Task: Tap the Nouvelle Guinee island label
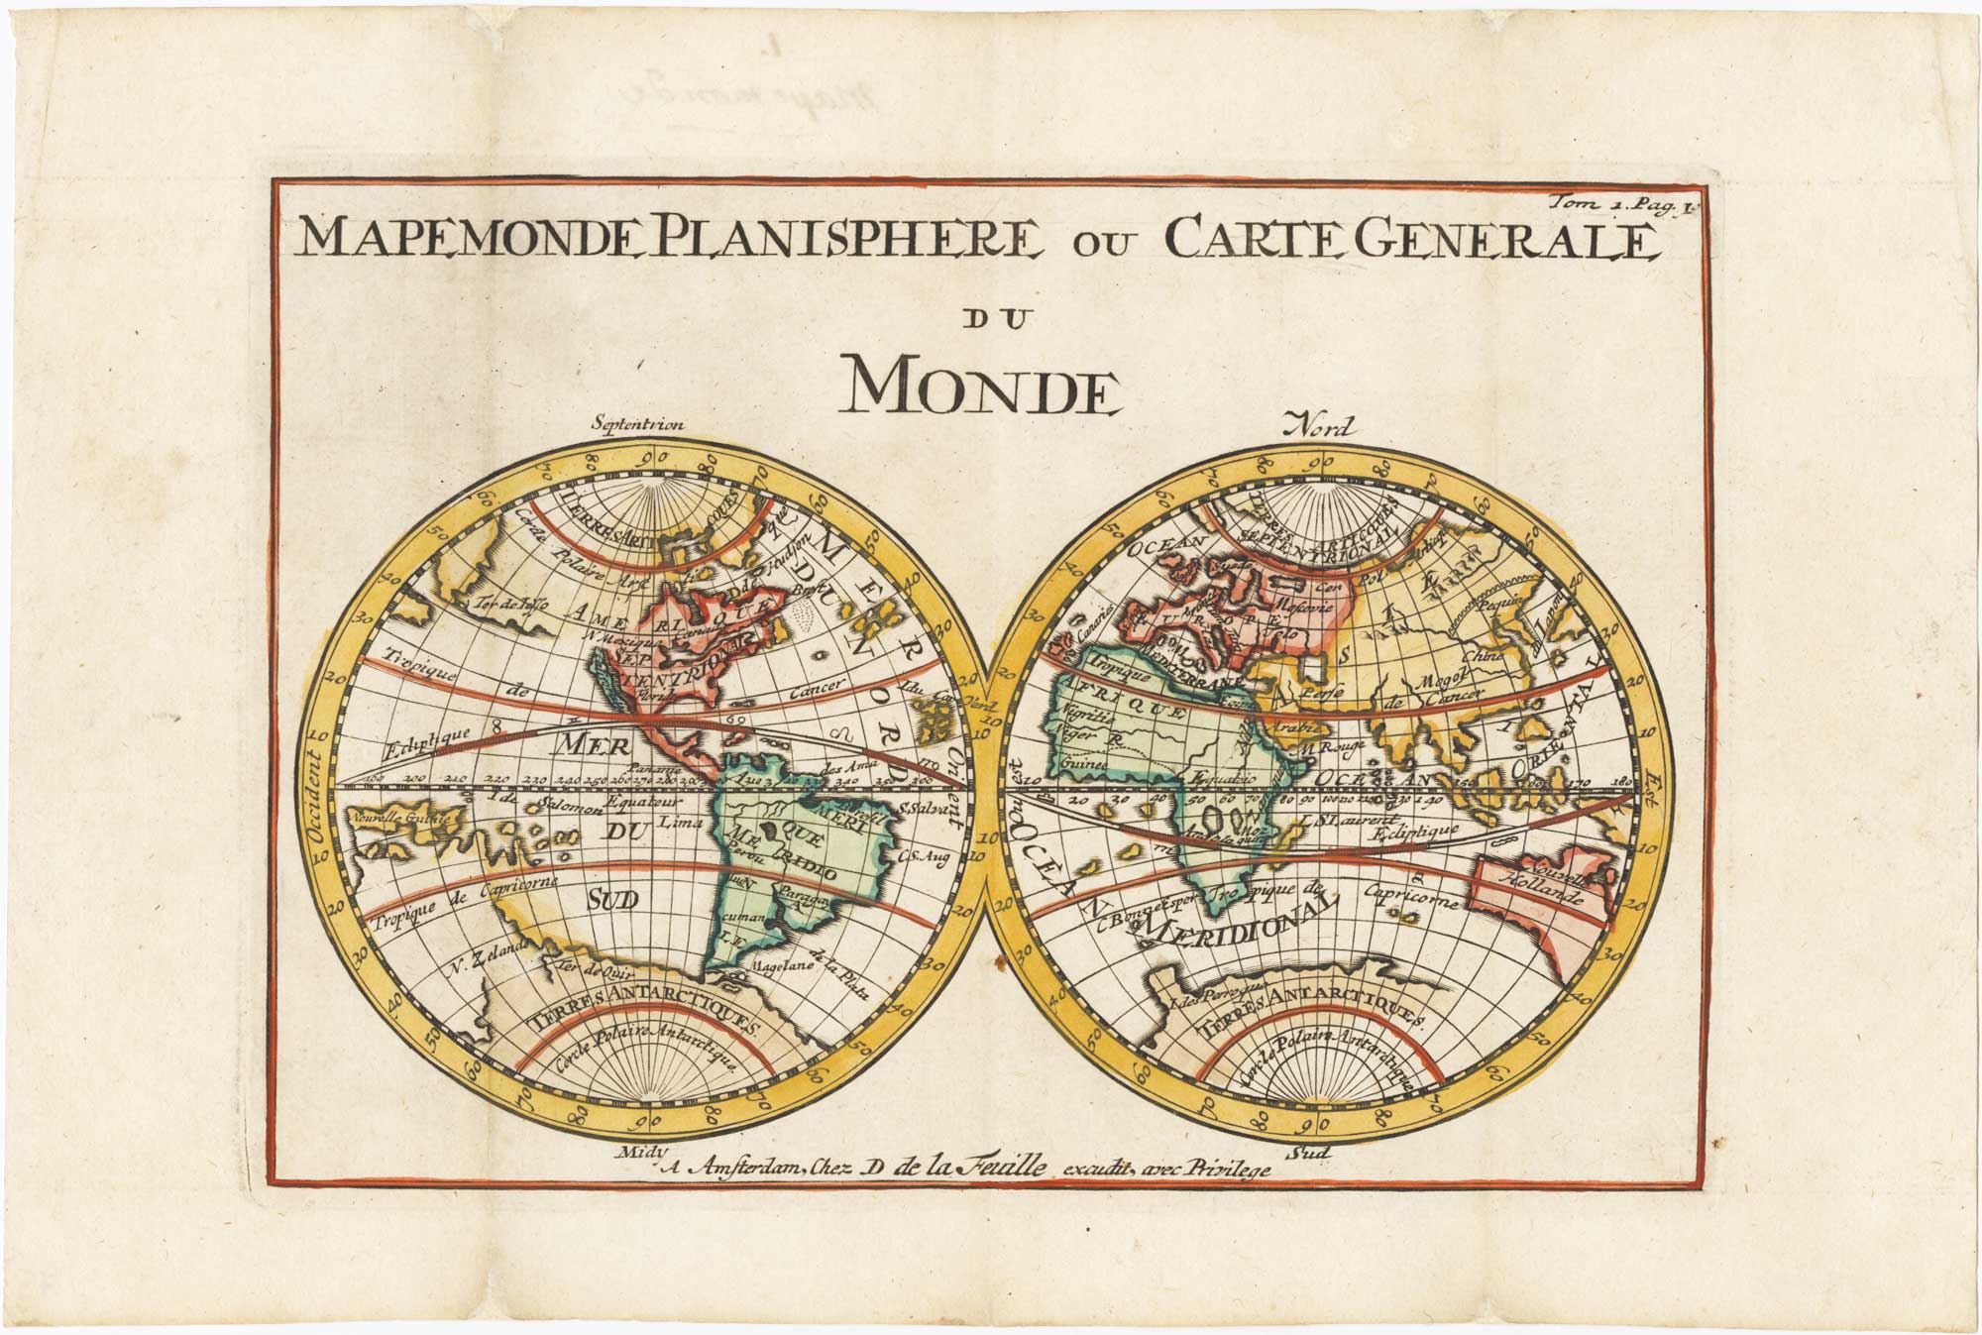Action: pos(401,818)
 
